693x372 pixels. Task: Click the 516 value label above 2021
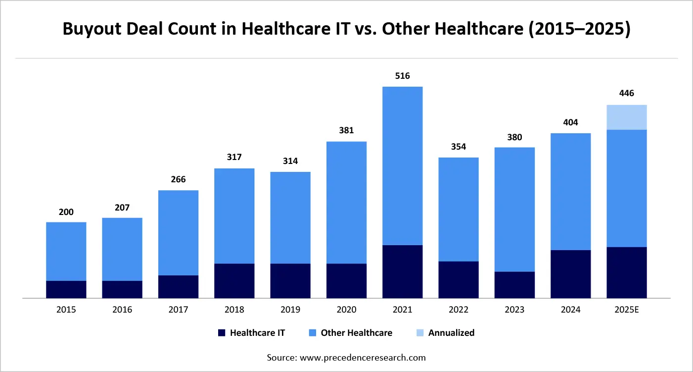coord(402,76)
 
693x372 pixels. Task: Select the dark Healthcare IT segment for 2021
coord(402,271)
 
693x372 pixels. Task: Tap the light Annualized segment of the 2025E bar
coord(627,117)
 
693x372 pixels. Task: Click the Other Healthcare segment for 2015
coord(66,251)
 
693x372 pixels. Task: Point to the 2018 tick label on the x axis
coord(234,310)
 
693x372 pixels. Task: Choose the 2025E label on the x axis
coord(627,310)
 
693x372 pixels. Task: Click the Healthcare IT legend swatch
coord(222,333)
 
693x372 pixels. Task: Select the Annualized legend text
coord(451,333)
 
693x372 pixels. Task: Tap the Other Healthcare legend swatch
coord(313,333)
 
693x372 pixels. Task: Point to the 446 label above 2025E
coord(627,94)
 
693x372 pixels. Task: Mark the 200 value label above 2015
coord(66,212)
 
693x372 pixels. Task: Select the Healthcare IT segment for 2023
coord(514,285)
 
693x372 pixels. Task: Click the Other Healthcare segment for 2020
coord(346,203)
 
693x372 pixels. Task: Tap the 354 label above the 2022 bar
coord(459,147)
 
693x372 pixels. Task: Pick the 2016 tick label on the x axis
coord(122,310)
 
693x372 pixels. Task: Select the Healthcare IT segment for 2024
coord(570,274)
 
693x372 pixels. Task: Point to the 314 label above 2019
coord(290,161)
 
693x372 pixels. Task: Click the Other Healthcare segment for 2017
coord(178,233)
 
